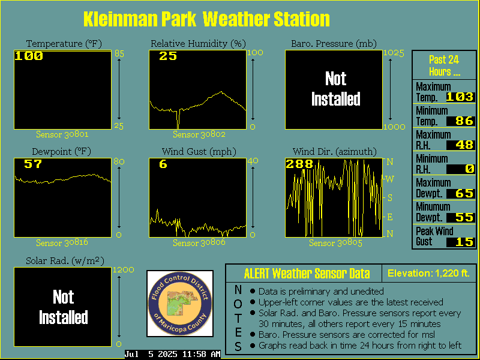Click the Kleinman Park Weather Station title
(x=206, y=19)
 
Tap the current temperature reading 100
(x=29, y=56)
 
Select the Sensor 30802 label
(x=199, y=134)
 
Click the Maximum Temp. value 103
(x=460, y=97)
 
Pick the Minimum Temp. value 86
(x=464, y=121)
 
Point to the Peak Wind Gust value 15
(x=464, y=242)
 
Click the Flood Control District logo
(x=180, y=304)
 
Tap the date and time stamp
(x=172, y=354)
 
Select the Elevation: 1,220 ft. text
(x=428, y=273)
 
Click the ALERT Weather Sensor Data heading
(x=307, y=274)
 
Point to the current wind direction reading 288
(x=299, y=164)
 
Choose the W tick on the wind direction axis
(x=389, y=179)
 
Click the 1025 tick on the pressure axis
(x=394, y=53)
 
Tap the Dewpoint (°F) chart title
(x=62, y=152)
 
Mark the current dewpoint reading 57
(x=33, y=164)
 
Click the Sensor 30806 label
(x=199, y=243)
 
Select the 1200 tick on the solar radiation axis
(x=124, y=269)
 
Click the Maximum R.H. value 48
(x=464, y=145)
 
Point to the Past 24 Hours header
(x=444, y=65)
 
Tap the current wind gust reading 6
(x=163, y=164)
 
